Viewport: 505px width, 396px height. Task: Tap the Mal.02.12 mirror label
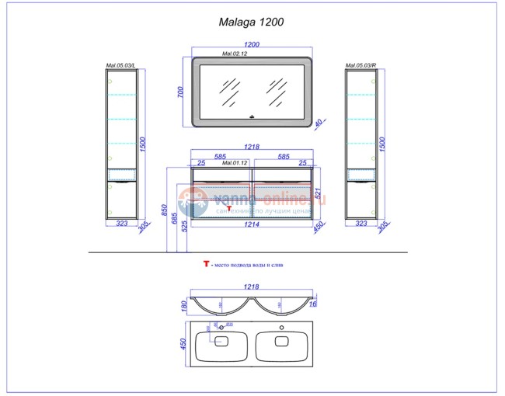click(235, 54)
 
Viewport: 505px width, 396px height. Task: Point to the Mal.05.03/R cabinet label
click(361, 66)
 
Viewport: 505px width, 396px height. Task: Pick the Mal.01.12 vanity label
click(235, 163)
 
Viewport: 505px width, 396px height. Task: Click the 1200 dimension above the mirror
click(252, 46)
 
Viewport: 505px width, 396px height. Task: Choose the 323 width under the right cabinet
click(361, 224)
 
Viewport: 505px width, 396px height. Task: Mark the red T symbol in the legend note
click(206, 265)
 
